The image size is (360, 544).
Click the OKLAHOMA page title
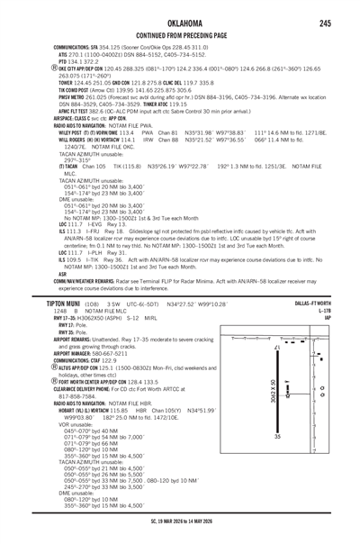pos(180,22)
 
